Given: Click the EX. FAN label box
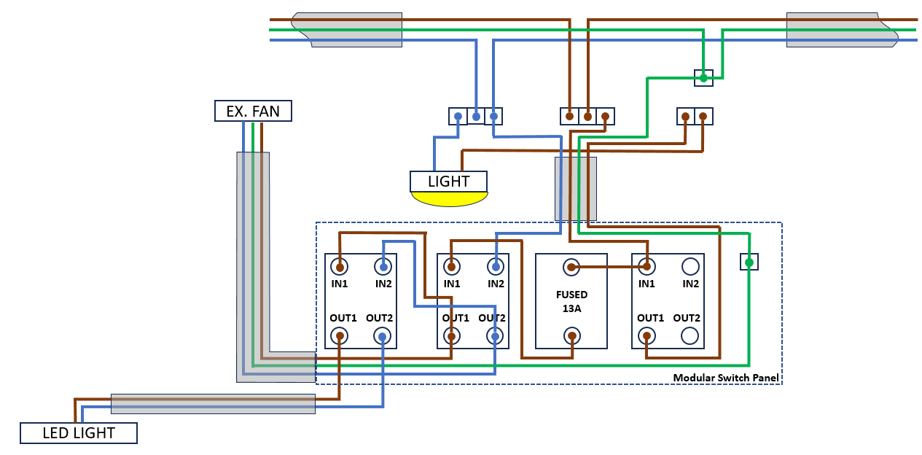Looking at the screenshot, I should coord(253,111).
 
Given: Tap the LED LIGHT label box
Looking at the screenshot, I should coord(78,433).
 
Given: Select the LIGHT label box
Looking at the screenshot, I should coord(448,181).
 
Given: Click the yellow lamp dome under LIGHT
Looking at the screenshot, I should coord(448,198).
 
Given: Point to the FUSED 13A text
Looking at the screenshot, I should coord(571,302).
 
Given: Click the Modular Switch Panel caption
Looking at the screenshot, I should coord(725,378).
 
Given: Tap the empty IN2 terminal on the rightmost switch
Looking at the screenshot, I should coord(690,267).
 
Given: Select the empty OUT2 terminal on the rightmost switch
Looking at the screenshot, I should coord(690,336).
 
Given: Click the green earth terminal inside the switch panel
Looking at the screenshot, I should coord(749,262).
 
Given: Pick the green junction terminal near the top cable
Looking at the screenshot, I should coord(703,78).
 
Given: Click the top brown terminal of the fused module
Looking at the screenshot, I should coord(572,268).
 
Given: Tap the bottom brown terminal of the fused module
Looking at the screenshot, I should coord(572,336).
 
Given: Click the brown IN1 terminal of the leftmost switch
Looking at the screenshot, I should coord(339,267).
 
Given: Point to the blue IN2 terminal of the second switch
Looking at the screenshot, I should coord(496,267).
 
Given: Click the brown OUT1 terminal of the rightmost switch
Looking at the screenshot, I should coord(646,336).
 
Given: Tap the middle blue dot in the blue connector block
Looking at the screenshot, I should coord(476,116).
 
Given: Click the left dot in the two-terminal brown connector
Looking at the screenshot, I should coord(685,116).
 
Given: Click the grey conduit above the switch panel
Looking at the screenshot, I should coord(575,188).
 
